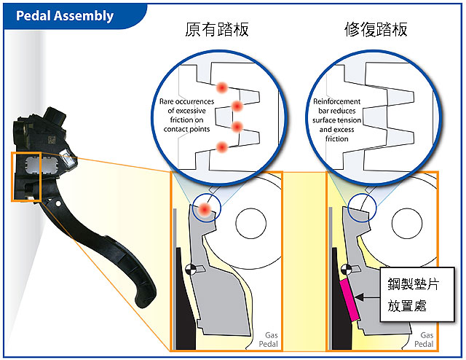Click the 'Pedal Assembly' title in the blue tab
click(66, 15)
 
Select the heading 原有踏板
click(216, 30)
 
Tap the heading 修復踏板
click(375, 30)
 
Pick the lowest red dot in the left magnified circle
click(222, 148)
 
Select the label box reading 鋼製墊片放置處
click(412, 293)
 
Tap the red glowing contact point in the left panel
click(207, 210)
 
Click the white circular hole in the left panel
click(248, 223)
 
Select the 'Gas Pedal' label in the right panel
click(424, 337)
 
